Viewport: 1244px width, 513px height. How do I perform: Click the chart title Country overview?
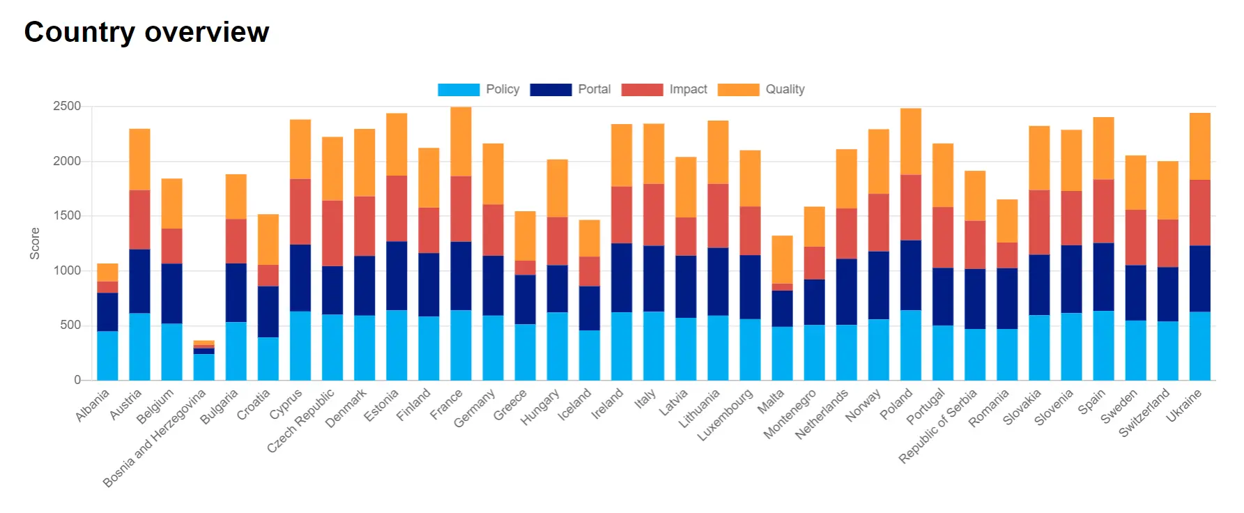click(146, 32)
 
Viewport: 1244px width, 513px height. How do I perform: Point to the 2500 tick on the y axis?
click(67, 106)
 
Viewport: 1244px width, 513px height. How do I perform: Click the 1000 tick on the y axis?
click(67, 270)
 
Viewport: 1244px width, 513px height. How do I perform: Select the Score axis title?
click(35, 243)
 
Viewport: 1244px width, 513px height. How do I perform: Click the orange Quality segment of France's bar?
click(461, 141)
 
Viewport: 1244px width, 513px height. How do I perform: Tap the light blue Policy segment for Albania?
click(107, 355)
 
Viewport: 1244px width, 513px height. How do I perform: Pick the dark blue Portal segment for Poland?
click(911, 275)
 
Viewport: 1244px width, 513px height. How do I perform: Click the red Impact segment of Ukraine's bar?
click(1199, 213)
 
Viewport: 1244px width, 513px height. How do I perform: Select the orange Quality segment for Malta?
click(782, 259)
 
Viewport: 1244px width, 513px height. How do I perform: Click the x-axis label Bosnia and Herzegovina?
click(155, 438)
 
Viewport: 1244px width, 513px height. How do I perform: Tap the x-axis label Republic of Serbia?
click(937, 426)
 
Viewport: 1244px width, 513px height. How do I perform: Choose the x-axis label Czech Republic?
click(300, 420)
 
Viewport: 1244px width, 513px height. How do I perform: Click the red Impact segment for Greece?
click(525, 268)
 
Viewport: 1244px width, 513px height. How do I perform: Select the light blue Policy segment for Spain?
click(1103, 345)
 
